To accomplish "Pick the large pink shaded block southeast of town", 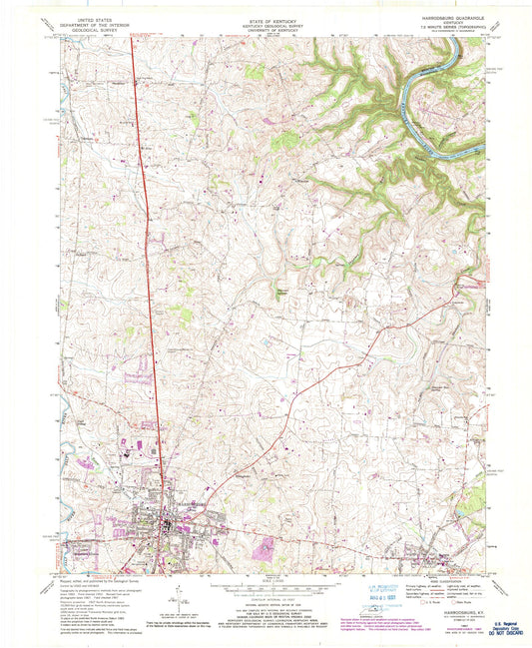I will point(266,546).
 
